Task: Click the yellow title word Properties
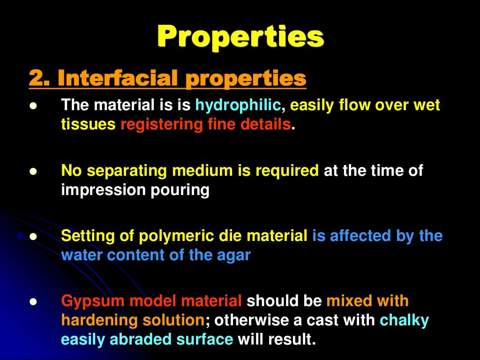point(240,37)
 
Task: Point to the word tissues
point(88,125)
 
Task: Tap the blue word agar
point(235,255)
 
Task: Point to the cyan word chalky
point(404,320)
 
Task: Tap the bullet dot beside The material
point(32,106)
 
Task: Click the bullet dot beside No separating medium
point(32,172)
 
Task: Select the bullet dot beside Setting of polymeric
point(32,237)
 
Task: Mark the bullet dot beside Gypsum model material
point(32,301)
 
